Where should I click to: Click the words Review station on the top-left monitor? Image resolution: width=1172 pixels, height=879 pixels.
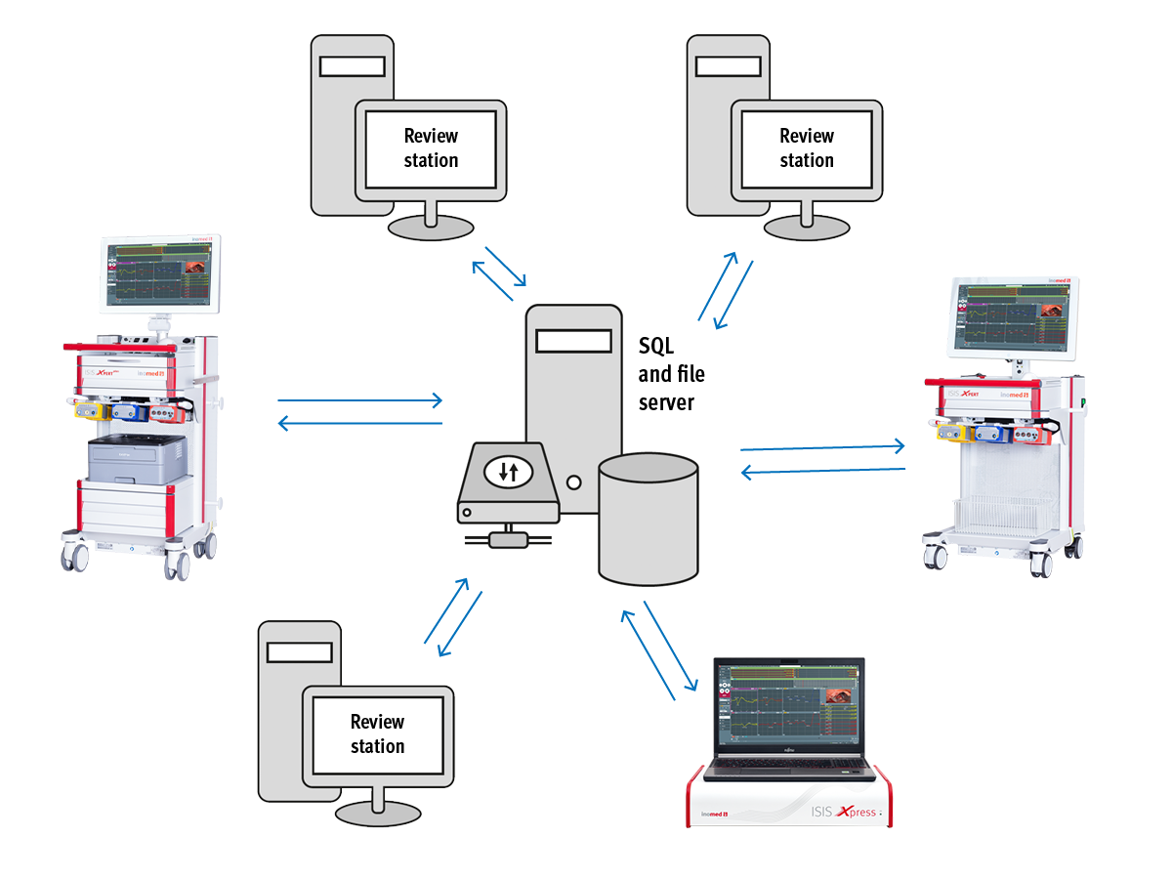[431, 147]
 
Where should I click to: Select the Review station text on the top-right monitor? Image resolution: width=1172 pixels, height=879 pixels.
[807, 147]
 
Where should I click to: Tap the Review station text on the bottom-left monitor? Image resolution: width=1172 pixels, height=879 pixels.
[377, 733]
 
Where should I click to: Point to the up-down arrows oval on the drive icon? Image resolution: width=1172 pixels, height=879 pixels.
[508, 472]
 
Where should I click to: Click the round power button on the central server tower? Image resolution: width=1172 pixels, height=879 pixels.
[574, 481]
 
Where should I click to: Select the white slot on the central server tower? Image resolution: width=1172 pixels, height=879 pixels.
[573, 341]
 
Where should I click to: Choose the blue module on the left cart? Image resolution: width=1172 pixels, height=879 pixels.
[128, 412]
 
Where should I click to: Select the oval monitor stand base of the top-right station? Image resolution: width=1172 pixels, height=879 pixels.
[807, 228]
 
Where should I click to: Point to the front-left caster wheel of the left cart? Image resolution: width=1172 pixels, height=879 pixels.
[75, 557]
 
